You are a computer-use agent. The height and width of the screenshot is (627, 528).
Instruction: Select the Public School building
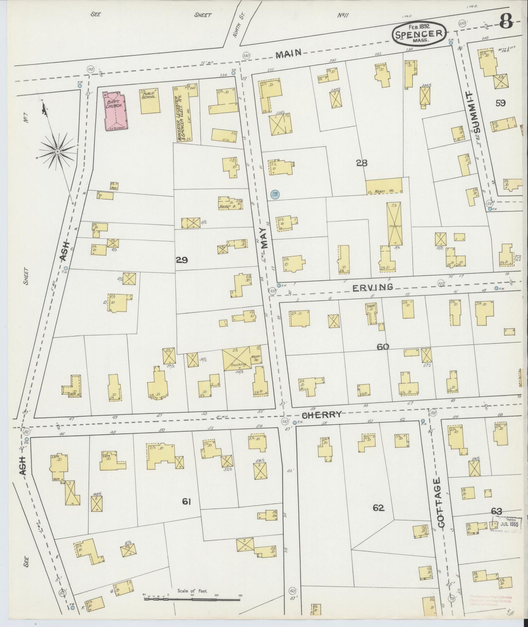pyautogui.click(x=150, y=101)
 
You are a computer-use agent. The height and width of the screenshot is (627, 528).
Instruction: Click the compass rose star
pyautogui.click(x=57, y=151)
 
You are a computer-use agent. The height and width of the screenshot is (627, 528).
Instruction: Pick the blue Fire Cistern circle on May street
pyautogui.click(x=274, y=195)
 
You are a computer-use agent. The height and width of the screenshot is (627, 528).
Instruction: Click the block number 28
pyautogui.click(x=361, y=163)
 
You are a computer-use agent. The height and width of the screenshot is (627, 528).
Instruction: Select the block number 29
pyautogui.click(x=182, y=260)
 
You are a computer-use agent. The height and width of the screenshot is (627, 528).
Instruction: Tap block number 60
pyautogui.click(x=383, y=346)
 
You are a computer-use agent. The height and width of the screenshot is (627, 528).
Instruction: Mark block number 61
pyautogui.click(x=186, y=502)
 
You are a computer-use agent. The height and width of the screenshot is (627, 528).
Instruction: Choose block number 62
pyautogui.click(x=378, y=508)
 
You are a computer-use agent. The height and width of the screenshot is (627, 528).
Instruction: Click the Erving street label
pyautogui.click(x=373, y=287)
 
